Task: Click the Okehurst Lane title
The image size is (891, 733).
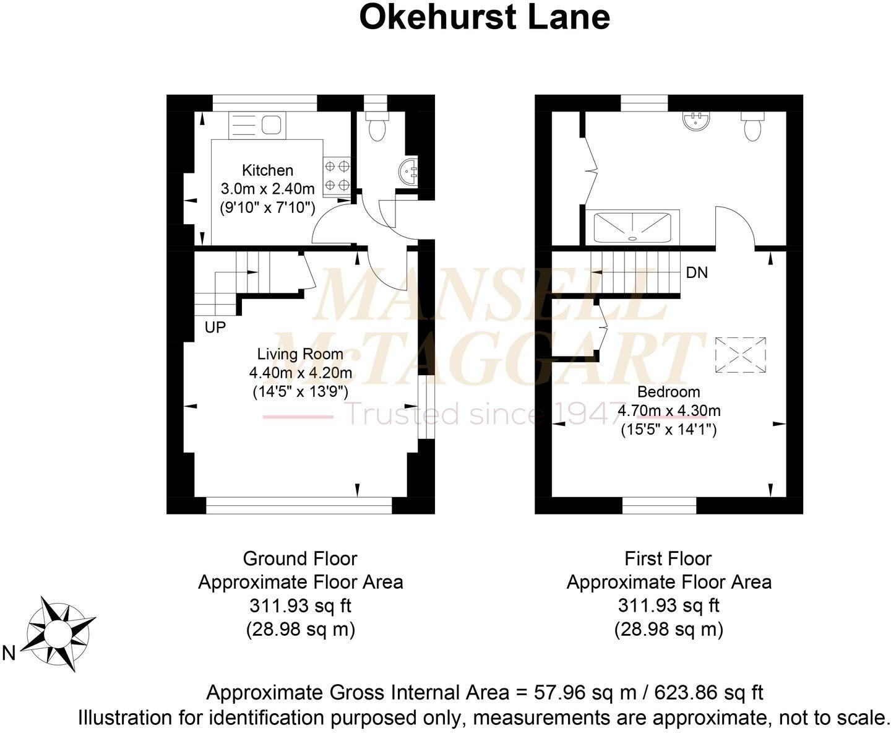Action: pos(484,17)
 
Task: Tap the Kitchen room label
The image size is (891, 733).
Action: pos(267,170)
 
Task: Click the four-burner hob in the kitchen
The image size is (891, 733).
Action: pos(337,175)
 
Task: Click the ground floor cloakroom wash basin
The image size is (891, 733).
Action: pos(408,171)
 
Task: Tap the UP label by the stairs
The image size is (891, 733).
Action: pos(215,327)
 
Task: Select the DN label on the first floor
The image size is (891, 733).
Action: pos(697,272)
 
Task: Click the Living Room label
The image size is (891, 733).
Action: pos(300,354)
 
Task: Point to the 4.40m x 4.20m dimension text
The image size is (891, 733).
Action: pos(300,373)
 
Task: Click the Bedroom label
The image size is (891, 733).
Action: pos(668,392)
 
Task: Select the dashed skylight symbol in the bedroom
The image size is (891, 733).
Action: pos(741,355)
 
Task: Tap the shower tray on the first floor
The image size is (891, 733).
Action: pos(632,227)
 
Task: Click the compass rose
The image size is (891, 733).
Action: pos(59,633)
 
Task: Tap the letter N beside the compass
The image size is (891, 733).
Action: pos(9,653)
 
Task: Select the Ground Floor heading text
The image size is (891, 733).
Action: pos(300,558)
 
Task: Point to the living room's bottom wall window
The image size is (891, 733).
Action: pos(299,507)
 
